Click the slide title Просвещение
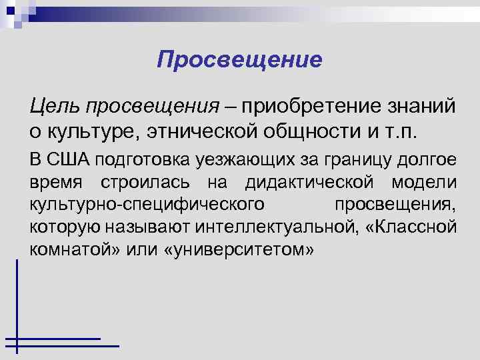point(239,61)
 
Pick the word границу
point(347,159)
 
